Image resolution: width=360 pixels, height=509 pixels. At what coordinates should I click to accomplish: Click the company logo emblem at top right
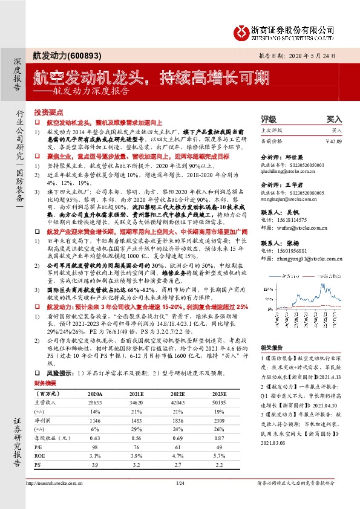click(x=241, y=30)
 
